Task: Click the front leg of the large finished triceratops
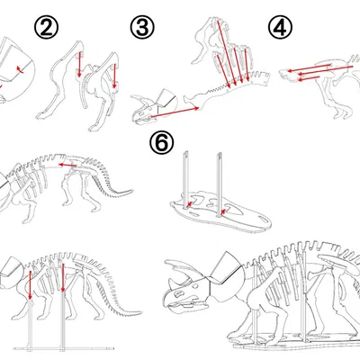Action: coord(249,319)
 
